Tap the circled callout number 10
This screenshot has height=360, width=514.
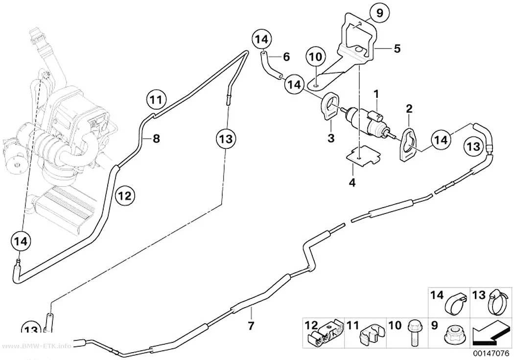(x=316, y=57)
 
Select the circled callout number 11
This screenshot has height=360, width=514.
(x=156, y=99)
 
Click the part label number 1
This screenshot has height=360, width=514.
(x=376, y=95)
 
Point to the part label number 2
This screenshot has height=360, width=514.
(x=409, y=109)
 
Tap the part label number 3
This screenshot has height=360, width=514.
(x=331, y=138)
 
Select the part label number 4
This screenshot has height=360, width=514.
(x=352, y=182)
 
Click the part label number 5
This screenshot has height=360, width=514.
(x=397, y=49)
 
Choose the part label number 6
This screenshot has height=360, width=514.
(x=286, y=57)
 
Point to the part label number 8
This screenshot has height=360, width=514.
(x=156, y=139)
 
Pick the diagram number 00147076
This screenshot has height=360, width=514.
(x=491, y=354)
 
